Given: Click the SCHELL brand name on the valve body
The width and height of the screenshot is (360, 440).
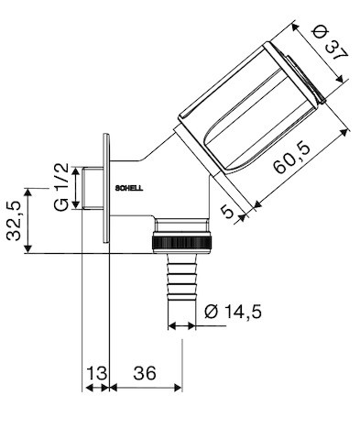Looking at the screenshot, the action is tap(129, 189).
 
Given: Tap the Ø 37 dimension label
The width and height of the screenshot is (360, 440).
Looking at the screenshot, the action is tap(331, 44).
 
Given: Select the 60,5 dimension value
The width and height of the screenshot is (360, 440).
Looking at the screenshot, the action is tap(292, 158).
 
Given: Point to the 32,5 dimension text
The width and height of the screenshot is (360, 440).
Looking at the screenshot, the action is tap(15, 220).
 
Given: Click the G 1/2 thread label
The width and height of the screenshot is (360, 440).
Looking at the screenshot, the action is tap(61, 187).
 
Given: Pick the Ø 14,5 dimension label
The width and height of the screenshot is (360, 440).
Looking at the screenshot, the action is tap(233, 312).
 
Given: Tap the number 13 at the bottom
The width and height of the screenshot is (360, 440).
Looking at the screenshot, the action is tap(97, 373).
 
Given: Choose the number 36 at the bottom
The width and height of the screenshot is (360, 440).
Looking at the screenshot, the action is tap(145, 373).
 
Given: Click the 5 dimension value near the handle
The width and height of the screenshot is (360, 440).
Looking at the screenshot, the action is tap(227, 212).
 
